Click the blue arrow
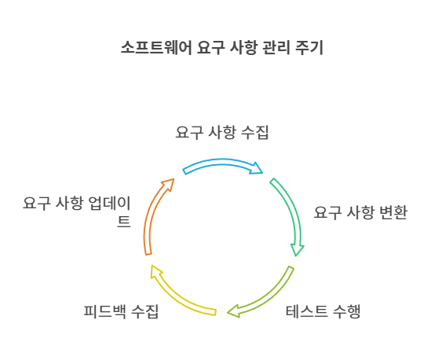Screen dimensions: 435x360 click(222, 162)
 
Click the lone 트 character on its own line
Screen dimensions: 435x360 click(124, 222)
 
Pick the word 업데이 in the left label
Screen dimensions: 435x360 click(109, 203)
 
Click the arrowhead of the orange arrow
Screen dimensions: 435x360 click(168, 184)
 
